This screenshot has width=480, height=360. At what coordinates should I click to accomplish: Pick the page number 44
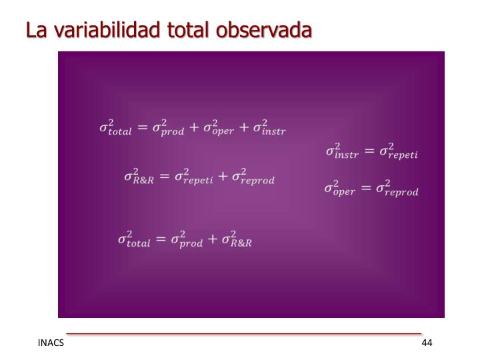click(427, 343)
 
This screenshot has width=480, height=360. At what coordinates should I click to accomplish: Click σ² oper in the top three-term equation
click(219, 127)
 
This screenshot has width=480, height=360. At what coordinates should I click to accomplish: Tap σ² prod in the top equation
click(167, 127)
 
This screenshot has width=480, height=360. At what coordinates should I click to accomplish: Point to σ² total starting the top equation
click(115, 127)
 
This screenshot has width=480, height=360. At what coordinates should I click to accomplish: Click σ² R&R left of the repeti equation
click(139, 177)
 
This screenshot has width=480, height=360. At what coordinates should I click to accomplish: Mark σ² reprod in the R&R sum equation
click(252, 177)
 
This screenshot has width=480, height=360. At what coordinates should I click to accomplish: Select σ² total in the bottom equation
click(133, 239)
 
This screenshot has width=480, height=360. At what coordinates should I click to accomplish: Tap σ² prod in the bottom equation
click(185, 239)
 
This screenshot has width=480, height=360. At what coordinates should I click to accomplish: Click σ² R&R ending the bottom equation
click(237, 239)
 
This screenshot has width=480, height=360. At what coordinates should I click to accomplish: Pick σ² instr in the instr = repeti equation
click(341, 151)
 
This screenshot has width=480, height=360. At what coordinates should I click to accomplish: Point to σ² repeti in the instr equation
click(398, 151)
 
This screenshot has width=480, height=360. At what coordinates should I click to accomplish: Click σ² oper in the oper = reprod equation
click(340, 189)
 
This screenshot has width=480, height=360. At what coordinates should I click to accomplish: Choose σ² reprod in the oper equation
click(397, 189)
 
